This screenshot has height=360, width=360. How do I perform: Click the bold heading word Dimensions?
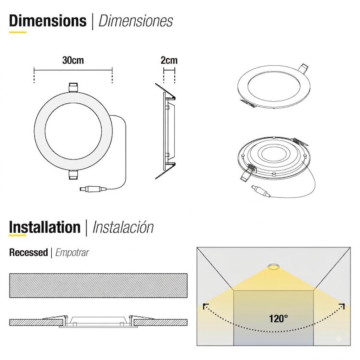pyautogui.click(x=48, y=21)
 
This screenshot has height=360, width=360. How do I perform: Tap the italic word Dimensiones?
pyautogui.click(x=135, y=21)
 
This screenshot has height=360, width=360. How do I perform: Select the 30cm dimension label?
pyautogui.click(x=73, y=60)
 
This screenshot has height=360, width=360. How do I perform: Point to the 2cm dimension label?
pyautogui.click(x=169, y=60)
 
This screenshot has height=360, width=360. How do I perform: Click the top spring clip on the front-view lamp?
pyautogui.click(x=73, y=88)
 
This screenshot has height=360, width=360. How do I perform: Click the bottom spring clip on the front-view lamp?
pyautogui.click(x=73, y=175)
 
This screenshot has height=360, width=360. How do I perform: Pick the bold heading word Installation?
pyautogui.click(x=45, y=227)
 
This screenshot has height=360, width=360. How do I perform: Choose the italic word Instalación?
pyautogui.click(x=123, y=227)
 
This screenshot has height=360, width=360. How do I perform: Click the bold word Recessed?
pyautogui.click(x=28, y=252)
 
